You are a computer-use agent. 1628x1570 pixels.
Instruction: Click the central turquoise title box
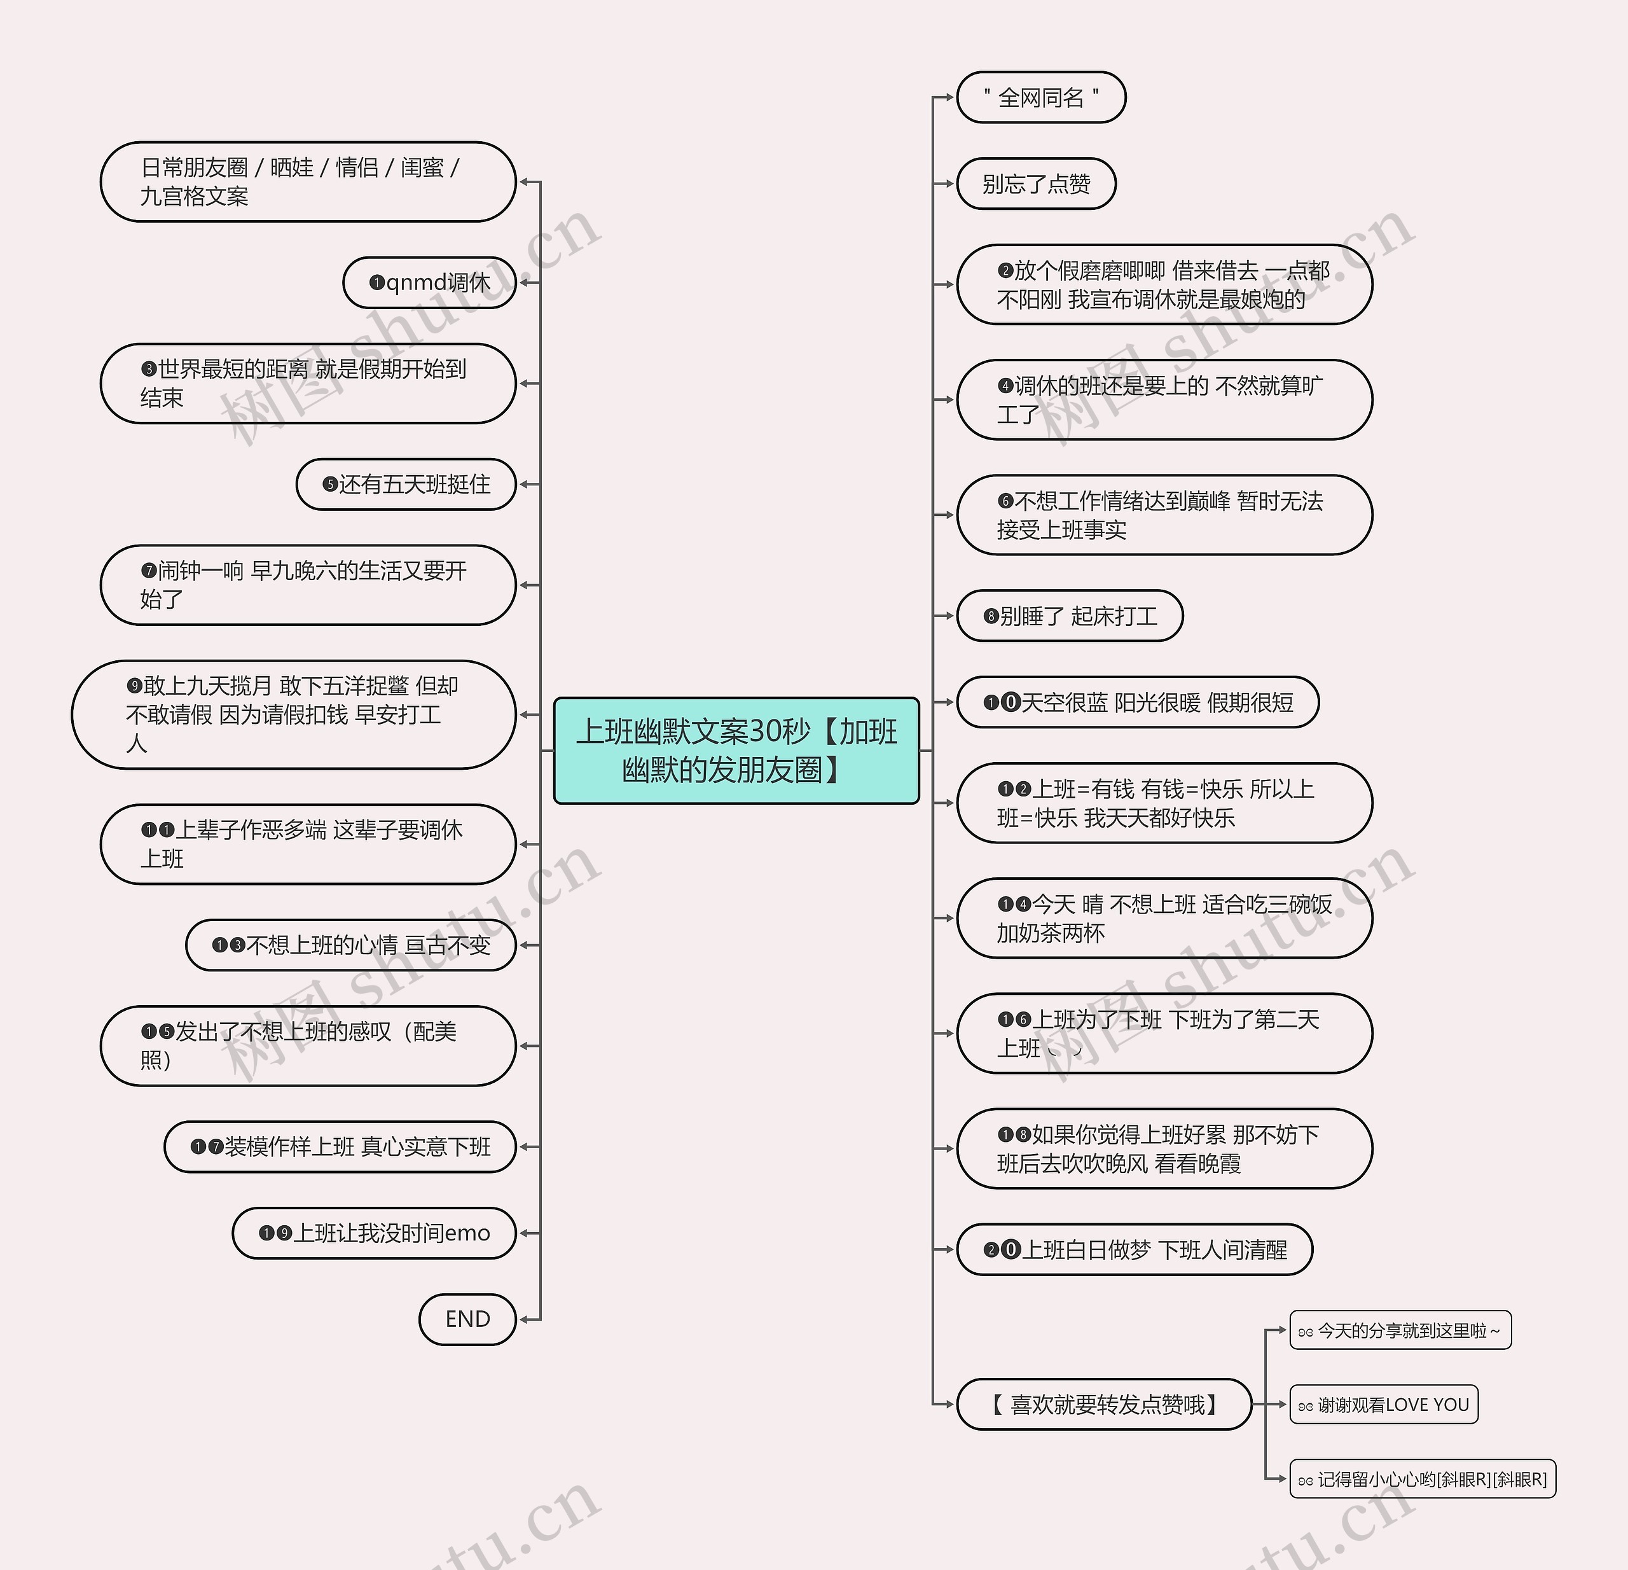pos(736,750)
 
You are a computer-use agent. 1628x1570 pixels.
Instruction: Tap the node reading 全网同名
pos(1041,98)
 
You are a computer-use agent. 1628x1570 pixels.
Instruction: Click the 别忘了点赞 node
pos(1036,184)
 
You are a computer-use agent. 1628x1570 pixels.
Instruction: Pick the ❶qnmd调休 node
pos(429,282)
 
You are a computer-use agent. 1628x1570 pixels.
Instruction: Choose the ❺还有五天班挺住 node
pos(406,484)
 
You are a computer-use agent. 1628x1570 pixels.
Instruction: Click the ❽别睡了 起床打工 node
pos(1070,616)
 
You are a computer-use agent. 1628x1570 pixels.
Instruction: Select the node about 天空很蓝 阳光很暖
pos(1138,702)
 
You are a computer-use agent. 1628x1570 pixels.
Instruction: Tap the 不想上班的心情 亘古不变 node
pos(350,945)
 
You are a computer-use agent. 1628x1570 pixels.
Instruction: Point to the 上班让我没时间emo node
pos(374,1233)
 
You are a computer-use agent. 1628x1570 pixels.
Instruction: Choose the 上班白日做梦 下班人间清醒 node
pos(1135,1249)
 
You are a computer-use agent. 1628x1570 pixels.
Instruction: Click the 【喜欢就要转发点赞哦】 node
pos(1104,1404)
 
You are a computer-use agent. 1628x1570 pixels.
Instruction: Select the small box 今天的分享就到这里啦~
pos(1400,1331)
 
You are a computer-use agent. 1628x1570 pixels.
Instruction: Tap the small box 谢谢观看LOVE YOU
pos(1384,1405)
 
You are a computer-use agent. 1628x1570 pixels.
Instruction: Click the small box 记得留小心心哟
pos(1422,1478)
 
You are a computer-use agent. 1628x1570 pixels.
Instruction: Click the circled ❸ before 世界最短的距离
pos(149,369)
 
